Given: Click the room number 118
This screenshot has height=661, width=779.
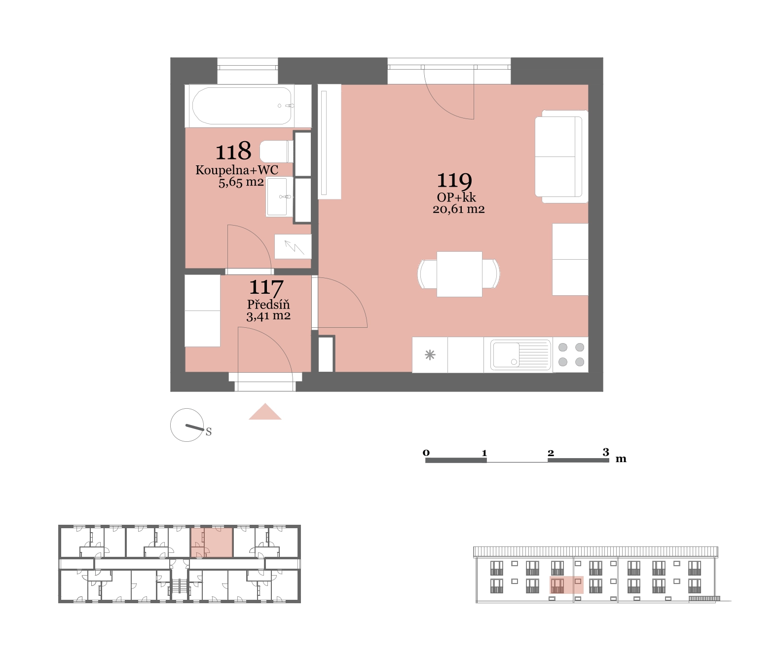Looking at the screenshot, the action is [233, 151].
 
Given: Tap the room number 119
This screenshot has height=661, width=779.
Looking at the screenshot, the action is [454, 181].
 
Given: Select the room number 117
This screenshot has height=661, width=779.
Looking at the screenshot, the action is [266, 288].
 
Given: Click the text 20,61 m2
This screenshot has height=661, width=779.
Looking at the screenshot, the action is [458, 209].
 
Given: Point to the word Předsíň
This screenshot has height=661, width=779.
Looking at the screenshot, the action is [268, 304].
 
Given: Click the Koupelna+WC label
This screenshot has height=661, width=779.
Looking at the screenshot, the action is [237, 170].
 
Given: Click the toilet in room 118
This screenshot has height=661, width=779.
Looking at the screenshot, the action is [277, 152].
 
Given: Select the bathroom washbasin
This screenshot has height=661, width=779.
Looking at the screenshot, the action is [279, 197].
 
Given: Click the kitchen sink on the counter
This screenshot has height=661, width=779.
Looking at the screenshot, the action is [520, 354].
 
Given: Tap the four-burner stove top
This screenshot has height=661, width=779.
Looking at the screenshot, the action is [571, 354].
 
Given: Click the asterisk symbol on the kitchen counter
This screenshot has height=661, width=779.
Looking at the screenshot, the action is [430, 355].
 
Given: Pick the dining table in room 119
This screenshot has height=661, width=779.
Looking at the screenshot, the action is [459, 274].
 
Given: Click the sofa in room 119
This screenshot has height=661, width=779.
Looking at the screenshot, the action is [561, 156].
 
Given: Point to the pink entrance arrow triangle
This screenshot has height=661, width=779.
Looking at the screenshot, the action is [265, 412].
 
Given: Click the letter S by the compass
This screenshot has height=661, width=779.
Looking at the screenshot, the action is [209, 432].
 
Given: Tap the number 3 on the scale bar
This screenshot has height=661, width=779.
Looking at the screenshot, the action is [606, 452].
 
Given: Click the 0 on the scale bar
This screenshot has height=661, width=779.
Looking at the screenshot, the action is [426, 453].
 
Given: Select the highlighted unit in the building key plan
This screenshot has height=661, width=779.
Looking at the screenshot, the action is [212, 542].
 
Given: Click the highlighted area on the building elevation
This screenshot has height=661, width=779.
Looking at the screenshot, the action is [566, 585].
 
